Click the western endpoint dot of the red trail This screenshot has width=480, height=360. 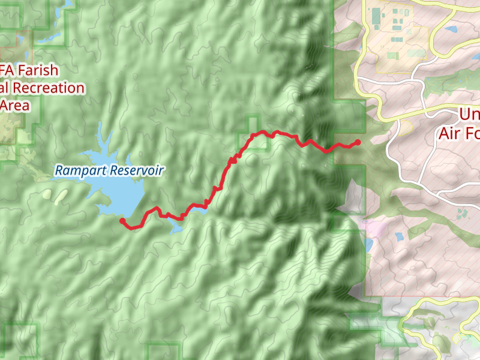tap(122, 221)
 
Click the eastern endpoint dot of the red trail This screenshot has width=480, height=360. tap(358, 142)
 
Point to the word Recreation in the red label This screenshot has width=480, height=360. tap(49, 88)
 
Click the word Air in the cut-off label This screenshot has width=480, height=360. tap(449, 133)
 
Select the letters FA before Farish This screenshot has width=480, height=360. tap(7, 70)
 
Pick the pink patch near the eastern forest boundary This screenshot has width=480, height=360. tap(376, 228)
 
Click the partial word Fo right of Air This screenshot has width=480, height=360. tap(471, 133)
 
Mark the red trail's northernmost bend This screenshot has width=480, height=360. tap(262, 131)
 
